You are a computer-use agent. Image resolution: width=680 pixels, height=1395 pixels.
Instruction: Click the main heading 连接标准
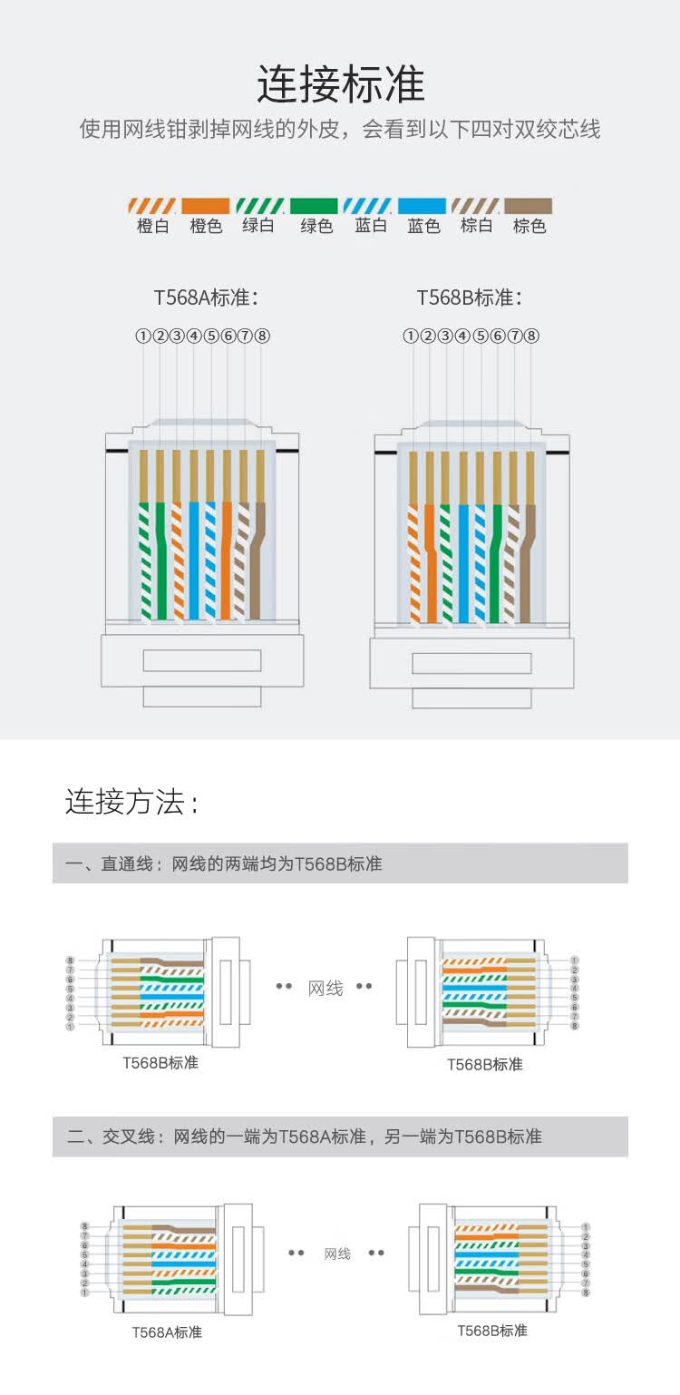click(x=340, y=84)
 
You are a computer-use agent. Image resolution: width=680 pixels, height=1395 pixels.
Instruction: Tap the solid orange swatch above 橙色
click(x=206, y=206)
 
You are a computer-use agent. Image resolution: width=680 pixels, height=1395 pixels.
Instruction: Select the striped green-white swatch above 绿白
click(x=260, y=206)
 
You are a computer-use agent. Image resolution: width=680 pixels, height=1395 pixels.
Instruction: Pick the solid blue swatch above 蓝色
click(x=423, y=206)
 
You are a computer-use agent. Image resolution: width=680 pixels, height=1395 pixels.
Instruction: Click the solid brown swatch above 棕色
click(x=529, y=206)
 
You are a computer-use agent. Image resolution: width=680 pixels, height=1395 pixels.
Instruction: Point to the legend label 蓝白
click(x=371, y=226)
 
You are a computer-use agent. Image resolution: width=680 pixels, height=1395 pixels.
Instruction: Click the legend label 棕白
click(x=476, y=226)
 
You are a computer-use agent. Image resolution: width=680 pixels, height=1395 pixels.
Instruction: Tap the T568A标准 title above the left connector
click(x=206, y=298)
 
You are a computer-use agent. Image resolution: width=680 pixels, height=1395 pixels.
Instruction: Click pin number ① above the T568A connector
click(x=143, y=336)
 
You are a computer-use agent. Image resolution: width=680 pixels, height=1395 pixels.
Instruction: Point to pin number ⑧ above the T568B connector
click(x=532, y=336)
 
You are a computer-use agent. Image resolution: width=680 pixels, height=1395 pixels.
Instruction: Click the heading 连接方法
click(x=131, y=802)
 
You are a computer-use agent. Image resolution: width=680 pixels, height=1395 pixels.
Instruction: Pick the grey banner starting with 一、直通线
click(x=340, y=863)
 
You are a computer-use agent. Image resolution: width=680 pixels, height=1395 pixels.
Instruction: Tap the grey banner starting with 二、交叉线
click(x=340, y=1136)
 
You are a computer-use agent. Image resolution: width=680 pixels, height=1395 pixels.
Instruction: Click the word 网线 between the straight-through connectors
click(x=325, y=988)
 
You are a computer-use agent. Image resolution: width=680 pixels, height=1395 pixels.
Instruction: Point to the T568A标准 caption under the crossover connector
click(x=167, y=1332)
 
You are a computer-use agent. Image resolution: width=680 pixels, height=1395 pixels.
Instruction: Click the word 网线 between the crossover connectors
click(x=337, y=1254)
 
